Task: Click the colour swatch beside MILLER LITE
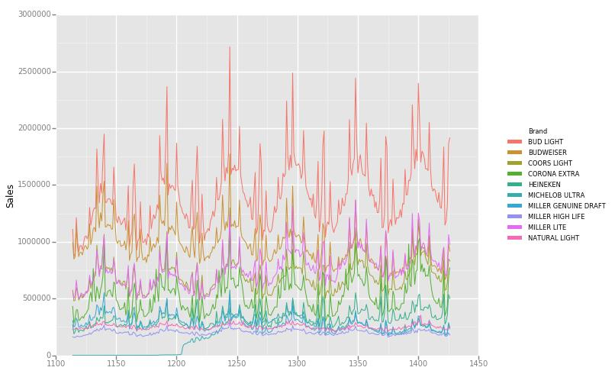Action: coord(514,227)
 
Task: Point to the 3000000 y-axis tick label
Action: coord(34,14)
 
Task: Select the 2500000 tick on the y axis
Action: coord(34,72)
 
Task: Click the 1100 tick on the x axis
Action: coord(56,365)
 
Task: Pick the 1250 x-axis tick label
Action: coord(237,365)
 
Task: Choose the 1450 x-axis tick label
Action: coord(478,365)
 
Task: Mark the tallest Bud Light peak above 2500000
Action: coord(230,47)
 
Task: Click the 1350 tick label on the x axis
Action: coord(358,365)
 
